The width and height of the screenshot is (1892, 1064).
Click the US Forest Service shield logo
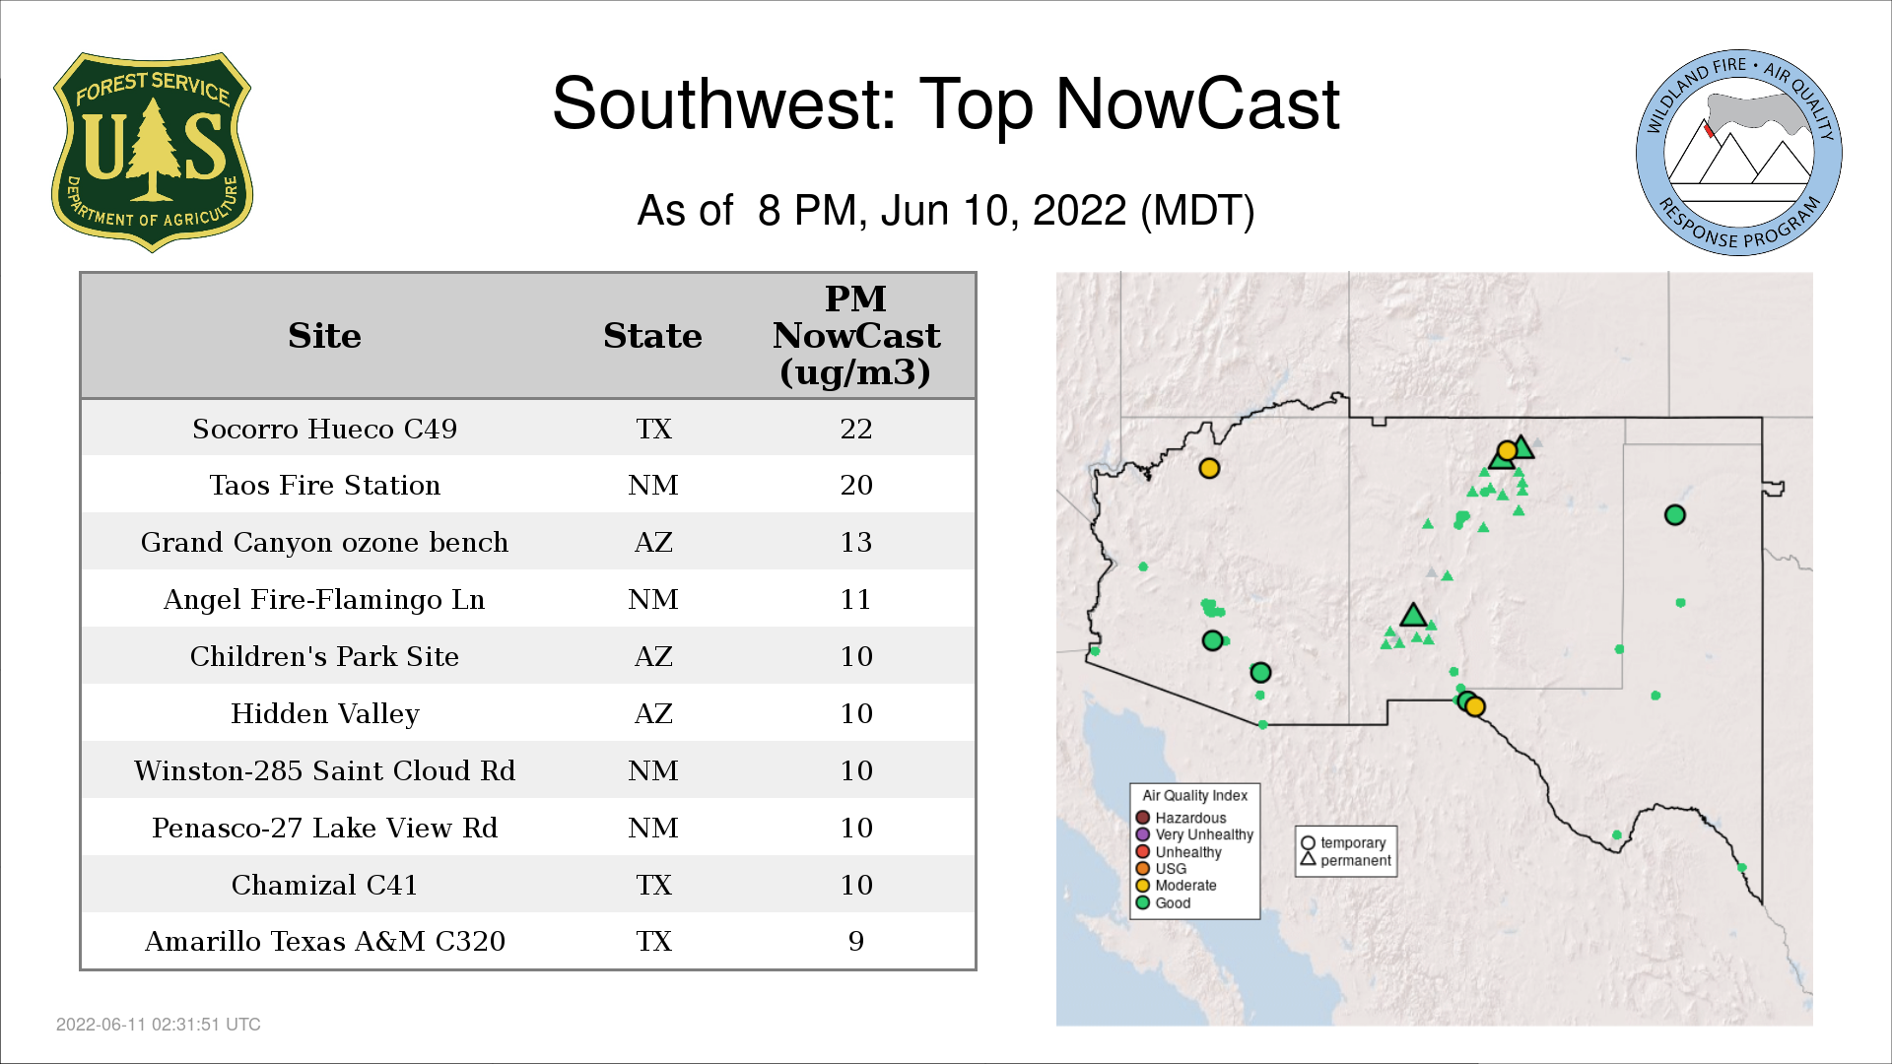152,153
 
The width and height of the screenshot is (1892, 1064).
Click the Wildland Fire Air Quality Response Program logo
1739,153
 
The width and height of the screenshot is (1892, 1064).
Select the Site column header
324,336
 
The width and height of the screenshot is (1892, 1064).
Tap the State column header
652,336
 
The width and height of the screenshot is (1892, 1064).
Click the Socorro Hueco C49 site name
324,429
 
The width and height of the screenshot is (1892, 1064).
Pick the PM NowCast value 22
856,429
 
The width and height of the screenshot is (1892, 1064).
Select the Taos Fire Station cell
324,485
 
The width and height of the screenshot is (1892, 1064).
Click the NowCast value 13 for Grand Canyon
856,542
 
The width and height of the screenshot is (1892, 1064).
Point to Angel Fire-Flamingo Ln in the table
324,599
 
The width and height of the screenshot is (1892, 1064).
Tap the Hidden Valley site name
324,713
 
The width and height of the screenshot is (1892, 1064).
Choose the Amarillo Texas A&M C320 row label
324,941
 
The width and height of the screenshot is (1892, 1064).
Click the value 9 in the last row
856,941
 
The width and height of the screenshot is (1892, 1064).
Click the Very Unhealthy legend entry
1194,834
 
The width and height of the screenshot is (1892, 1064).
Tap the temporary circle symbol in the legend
1308,843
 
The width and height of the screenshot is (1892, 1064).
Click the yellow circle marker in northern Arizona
1209,468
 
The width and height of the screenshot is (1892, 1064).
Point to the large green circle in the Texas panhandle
1674,514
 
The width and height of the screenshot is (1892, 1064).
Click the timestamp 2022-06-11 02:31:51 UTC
159,1025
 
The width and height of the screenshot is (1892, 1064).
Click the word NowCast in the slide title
1197,104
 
